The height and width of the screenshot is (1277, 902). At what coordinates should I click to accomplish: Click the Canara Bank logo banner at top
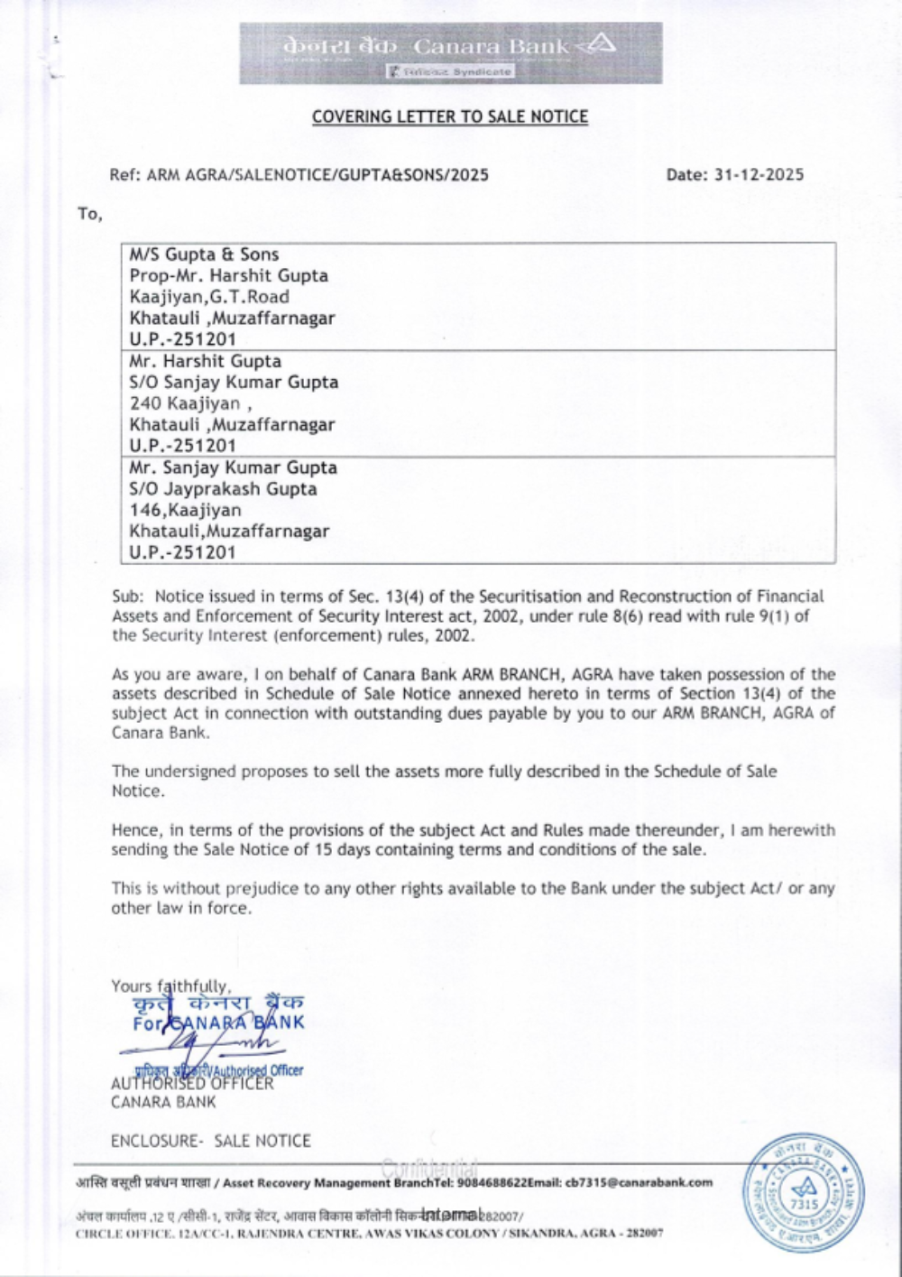[450, 52]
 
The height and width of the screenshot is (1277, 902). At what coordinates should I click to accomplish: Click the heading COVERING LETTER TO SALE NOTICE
[450, 117]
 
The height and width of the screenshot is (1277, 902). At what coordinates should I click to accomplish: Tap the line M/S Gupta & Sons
[204, 255]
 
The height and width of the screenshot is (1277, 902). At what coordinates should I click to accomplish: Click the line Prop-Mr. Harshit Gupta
[228, 276]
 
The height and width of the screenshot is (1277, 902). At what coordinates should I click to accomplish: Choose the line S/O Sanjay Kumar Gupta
[234, 383]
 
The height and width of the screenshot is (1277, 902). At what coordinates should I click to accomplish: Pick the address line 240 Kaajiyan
[185, 403]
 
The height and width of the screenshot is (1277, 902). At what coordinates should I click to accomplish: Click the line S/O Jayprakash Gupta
[223, 489]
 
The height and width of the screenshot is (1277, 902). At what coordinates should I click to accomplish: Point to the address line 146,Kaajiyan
[185, 510]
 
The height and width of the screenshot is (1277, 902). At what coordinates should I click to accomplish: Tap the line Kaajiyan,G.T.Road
[209, 297]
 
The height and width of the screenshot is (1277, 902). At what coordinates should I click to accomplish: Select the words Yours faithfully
[170, 986]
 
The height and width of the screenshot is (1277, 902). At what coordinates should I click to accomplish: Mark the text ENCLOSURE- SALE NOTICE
[210, 1141]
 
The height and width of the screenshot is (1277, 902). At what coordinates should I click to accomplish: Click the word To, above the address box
[90, 215]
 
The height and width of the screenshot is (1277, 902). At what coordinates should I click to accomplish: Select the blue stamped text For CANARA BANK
[217, 1023]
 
